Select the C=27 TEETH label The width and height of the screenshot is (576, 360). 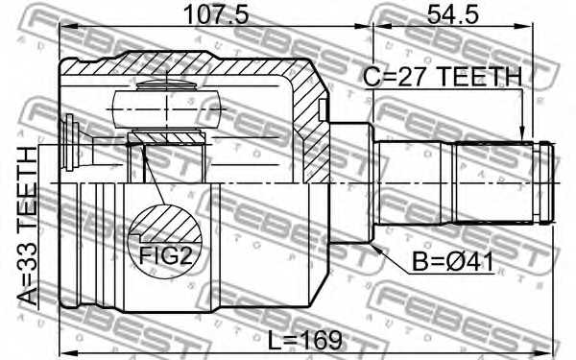(x=443, y=77)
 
